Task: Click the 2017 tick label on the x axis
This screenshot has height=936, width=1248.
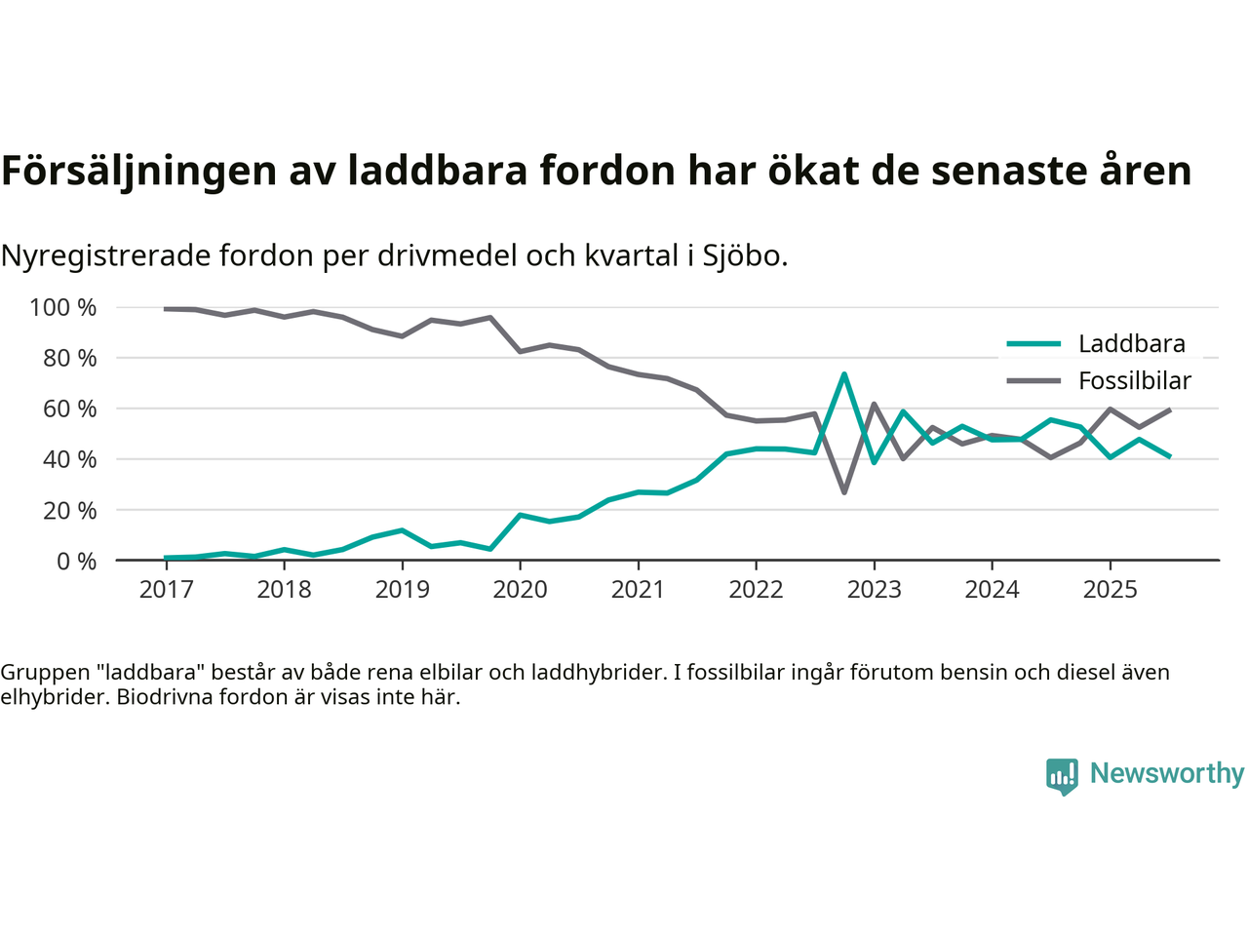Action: (166, 590)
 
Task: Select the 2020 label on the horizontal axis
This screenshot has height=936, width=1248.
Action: (520, 590)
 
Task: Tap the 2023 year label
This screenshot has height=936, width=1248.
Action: (874, 590)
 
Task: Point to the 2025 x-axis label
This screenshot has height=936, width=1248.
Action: (1110, 590)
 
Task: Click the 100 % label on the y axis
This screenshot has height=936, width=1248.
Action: (63, 308)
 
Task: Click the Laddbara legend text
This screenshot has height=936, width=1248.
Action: (1131, 344)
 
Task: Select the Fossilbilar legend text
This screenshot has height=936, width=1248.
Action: (1135, 381)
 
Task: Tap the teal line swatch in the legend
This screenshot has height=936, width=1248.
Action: (1033, 344)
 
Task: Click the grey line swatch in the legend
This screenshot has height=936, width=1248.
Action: (1033, 381)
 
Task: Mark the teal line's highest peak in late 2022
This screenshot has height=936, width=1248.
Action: (844, 374)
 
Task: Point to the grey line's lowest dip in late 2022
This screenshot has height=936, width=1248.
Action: (844, 492)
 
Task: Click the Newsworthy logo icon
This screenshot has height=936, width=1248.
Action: (1062, 776)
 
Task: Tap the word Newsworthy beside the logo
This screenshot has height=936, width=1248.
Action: (1167, 773)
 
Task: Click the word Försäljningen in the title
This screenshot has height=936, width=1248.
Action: (138, 171)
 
